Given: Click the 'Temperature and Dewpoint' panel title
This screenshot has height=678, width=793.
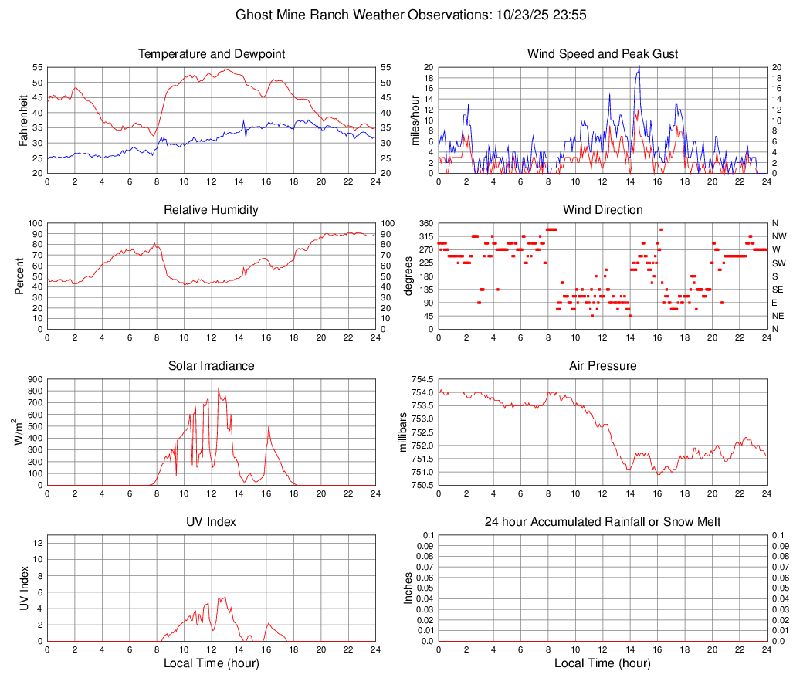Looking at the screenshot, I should point(211,54).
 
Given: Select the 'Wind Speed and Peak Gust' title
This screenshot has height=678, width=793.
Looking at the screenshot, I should point(602,54).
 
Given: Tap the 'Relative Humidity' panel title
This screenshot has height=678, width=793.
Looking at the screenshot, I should point(211,210).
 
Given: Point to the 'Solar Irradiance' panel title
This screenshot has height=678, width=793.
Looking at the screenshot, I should point(211,366).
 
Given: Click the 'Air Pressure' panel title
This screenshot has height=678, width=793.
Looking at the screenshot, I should point(602,366).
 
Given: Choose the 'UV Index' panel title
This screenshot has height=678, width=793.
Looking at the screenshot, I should point(211,522).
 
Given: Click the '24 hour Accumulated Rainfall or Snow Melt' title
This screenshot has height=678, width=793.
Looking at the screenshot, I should point(602,522).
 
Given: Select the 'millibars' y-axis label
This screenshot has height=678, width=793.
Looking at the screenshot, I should point(402,432).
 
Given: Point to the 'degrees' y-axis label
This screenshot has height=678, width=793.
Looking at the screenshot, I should point(408,276).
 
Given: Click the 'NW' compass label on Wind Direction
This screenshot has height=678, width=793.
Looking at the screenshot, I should point(779,236).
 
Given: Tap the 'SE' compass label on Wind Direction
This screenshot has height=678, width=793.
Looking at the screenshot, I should point(778,290).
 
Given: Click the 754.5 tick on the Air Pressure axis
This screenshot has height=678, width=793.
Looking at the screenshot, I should point(422,379).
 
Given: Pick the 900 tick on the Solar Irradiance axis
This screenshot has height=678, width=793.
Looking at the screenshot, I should point(34,379).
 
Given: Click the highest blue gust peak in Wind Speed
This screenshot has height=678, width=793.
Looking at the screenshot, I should point(639,66).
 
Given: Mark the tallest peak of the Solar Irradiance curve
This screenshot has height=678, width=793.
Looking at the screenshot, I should point(219,388).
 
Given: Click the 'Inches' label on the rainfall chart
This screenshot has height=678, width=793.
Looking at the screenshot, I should point(408,588).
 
